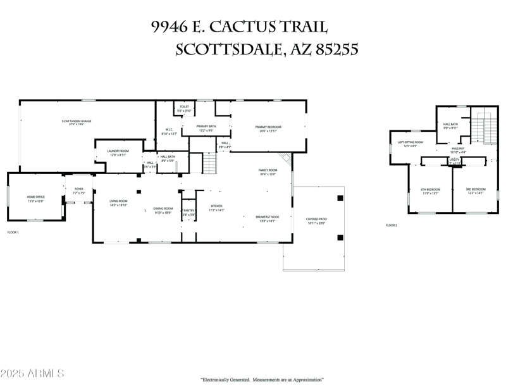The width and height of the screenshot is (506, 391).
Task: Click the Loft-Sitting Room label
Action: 410,144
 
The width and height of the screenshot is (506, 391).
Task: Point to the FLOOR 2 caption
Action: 392,225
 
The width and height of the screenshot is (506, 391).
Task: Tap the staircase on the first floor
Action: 210,164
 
